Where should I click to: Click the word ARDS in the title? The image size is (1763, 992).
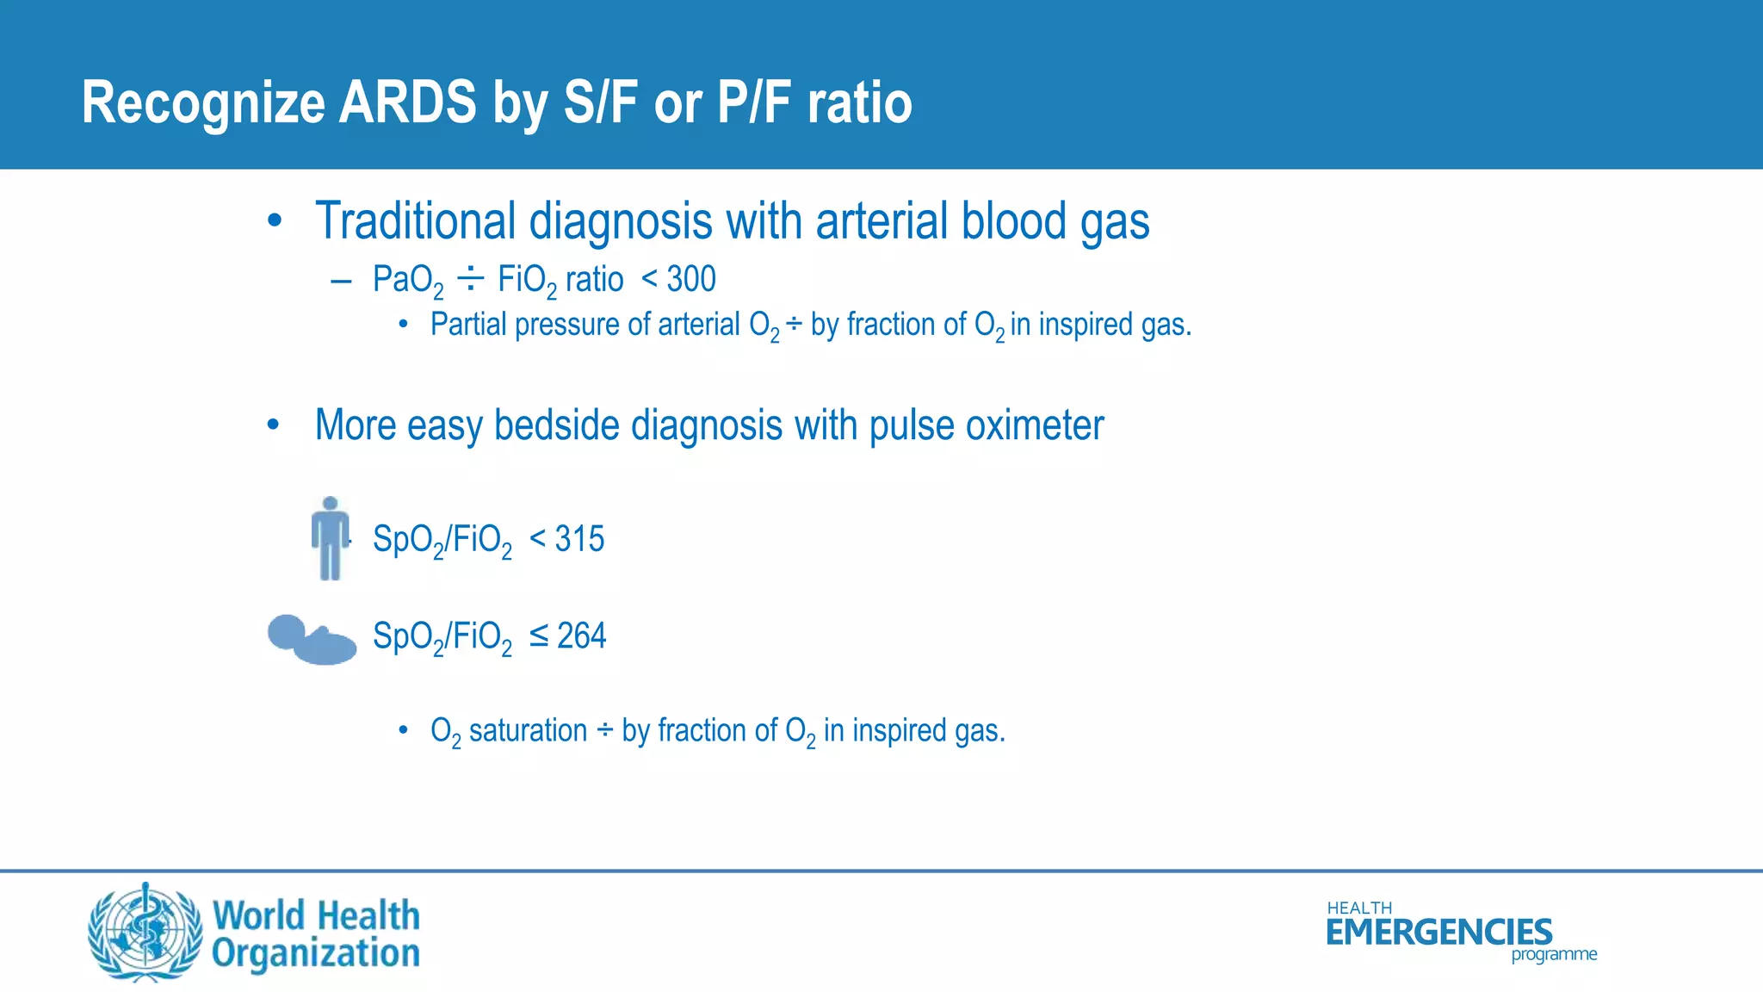point(407,102)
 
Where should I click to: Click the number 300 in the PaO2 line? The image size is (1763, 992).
point(691,279)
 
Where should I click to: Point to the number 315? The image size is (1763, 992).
point(579,539)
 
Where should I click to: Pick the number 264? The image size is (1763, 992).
point(581,636)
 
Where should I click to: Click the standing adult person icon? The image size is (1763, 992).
point(330,538)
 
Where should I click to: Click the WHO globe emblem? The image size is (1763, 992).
point(145,933)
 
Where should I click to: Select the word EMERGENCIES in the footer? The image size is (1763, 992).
point(1438,933)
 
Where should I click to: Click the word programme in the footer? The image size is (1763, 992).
point(1554,954)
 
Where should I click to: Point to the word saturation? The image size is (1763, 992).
point(528,731)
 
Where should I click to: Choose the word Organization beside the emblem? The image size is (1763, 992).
point(316,953)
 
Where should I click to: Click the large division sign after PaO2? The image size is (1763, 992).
point(470,278)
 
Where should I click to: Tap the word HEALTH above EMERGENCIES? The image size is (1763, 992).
point(1358,908)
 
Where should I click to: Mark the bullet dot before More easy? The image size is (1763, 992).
point(273,425)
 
